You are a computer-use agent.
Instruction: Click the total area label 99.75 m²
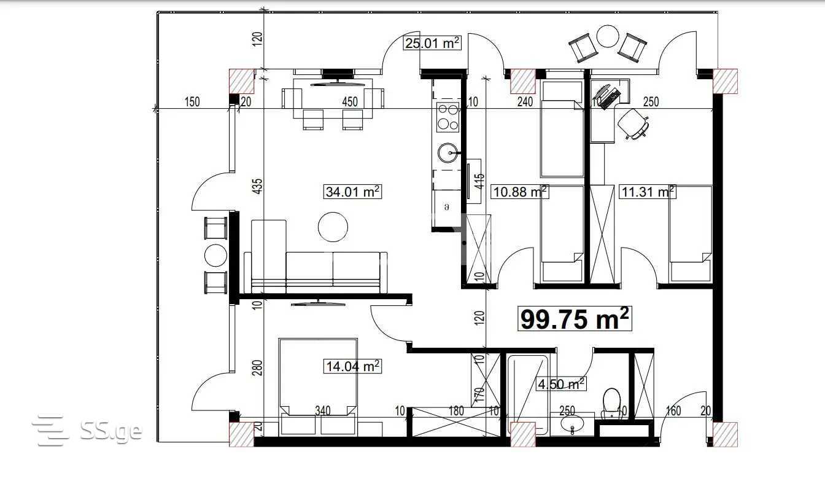click(575, 318)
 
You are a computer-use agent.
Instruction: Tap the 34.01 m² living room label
click(352, 192)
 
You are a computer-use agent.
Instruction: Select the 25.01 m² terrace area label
click(432, 43)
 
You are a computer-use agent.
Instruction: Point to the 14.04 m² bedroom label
click(352, 366)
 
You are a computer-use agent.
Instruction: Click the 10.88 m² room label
click(520, 192)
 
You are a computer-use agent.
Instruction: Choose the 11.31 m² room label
click(648, 192)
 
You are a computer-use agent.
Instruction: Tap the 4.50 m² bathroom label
click(561, 384)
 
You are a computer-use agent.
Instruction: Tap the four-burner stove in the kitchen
click(448, 117)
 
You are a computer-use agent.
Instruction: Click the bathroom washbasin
click(572, 423)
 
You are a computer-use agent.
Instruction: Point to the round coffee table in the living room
click(333, 227)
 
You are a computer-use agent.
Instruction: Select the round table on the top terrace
click(608, 36)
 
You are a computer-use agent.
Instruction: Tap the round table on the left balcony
click(215, 256)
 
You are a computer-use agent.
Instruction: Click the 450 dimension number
click(349, 102)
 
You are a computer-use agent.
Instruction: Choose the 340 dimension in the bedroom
click(323, 410)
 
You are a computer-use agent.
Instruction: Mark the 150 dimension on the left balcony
click(192, 102)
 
